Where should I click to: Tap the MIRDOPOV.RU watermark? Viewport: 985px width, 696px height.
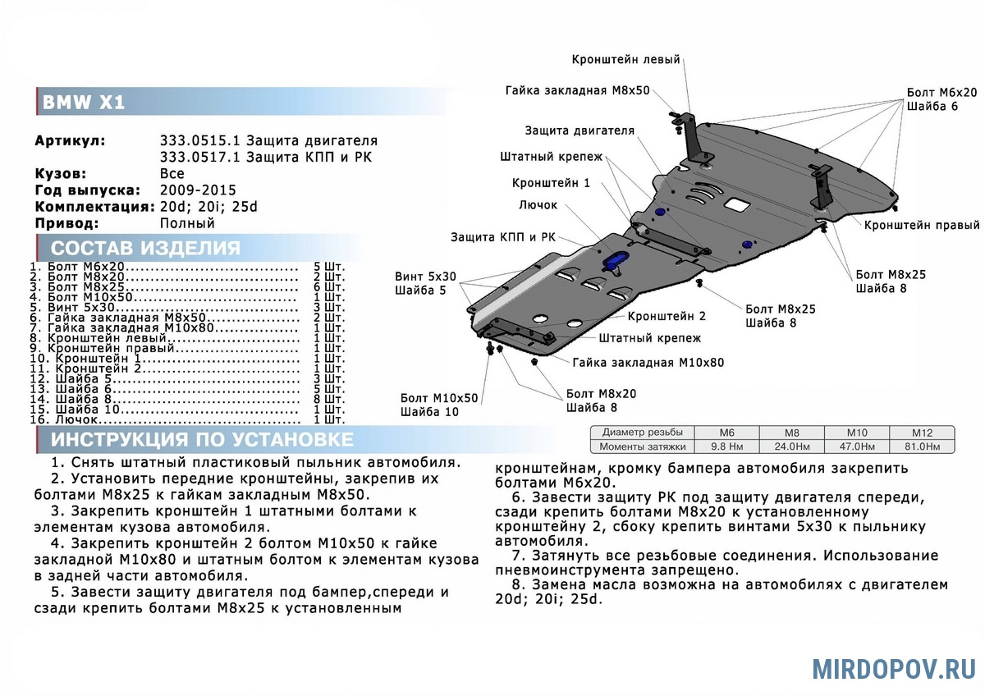tap(894, 668)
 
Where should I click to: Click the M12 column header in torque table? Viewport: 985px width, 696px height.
tap(923, 433)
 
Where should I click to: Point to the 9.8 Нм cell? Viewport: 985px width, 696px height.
tap(726, 447)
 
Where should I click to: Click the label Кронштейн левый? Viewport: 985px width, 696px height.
tap(626, 59)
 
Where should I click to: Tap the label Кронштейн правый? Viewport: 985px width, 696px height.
tap(922, 225)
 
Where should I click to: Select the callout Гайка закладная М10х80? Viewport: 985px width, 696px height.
tap(648, 362)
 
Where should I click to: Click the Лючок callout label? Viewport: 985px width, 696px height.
tap(538, 205)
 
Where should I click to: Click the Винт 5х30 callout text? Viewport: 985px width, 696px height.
tap(425, 277)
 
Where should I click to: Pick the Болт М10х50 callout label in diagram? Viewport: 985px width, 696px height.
tap(438, 398)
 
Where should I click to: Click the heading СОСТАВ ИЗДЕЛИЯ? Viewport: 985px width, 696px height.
tap(145, 249)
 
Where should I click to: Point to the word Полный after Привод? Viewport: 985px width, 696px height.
tap(187, 223)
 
